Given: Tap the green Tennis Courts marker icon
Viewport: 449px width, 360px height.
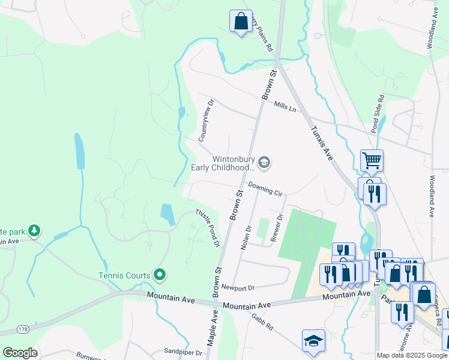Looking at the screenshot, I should (159, 275).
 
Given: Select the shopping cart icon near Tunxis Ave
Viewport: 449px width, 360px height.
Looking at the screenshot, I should (372, 160).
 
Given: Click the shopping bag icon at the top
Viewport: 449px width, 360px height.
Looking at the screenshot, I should (241, 21).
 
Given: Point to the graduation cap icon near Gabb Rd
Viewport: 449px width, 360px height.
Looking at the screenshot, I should (313, 340).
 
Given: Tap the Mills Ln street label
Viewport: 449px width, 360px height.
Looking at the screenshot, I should (285, 107).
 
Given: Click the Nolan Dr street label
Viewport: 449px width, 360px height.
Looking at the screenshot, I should (245, 238).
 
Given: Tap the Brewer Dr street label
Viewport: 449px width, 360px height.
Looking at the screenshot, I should (276, 228).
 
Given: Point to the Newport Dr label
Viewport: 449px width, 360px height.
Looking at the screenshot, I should (238, 287).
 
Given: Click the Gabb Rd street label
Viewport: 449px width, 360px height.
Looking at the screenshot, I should (262, 323).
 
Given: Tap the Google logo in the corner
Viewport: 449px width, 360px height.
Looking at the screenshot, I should (20, 353).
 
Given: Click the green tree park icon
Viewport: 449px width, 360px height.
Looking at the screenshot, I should (35, 230).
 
